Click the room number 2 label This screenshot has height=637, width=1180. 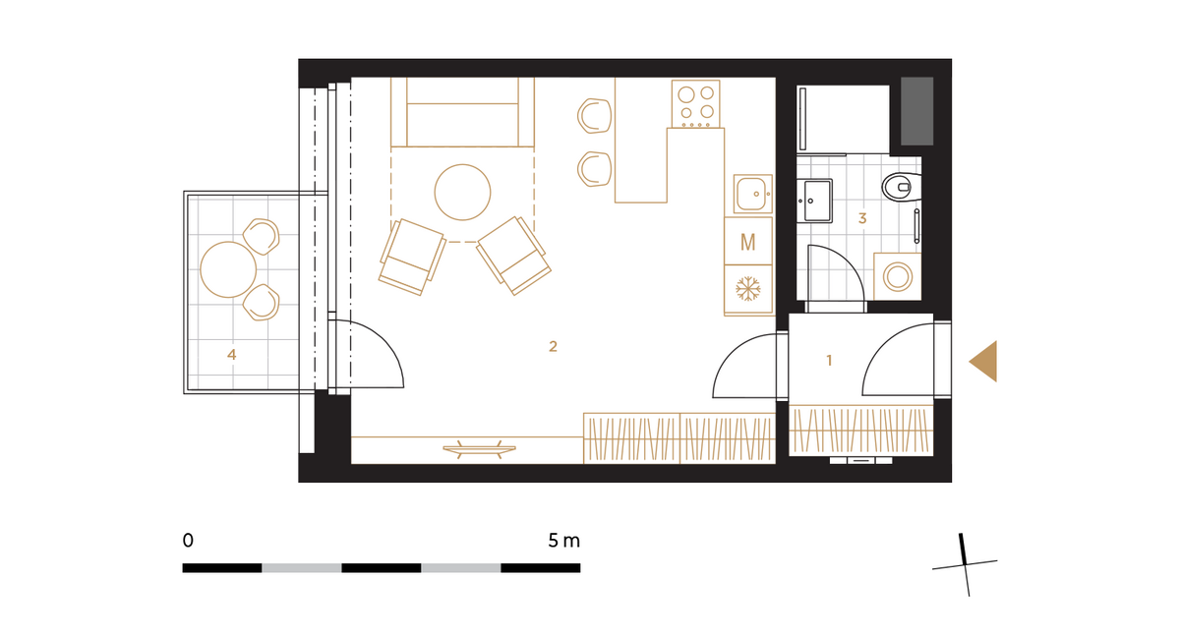pyautogui.click(x=553, y=346)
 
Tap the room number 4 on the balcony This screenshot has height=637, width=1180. pyautogui.click(x=232, y=355)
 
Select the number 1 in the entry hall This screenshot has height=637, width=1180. pyautogui.click(x=829, y=361)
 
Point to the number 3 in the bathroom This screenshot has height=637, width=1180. pyautogui.click(x=862, y=218)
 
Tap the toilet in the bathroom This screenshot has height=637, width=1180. pyautogui.click(x=902, y=187)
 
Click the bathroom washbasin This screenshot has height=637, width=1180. pyautogui.click(x=814, y=201)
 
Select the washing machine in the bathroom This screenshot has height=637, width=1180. pyautogui.click(x=898, y=277)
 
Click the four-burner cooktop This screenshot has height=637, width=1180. pyautogui.click(x=696, y=104)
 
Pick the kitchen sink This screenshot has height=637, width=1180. pyautogui.click(x=753, y=194)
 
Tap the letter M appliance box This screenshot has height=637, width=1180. pyautogui.click(x=748, y=241)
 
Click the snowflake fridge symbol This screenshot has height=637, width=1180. pyautogui.click(x=748, y=289)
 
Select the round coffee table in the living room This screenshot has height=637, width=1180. pyautogui.click(x=462, y=192)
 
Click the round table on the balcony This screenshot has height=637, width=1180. pyautogui.click(x=228, y=269)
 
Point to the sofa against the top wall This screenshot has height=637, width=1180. pyautogui.click(x=462, y=112)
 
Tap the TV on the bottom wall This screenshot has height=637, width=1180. pyautogui.click(x=479, y=449)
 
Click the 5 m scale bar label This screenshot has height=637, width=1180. pyautogui.click(x=563, y=541)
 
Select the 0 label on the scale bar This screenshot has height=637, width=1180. pyautogui.click(x=188, y=541)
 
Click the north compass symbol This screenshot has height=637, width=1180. pyautogui.click(x=965, y=565)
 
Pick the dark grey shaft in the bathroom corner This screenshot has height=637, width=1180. pyautogui.click(x=917, y=111)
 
